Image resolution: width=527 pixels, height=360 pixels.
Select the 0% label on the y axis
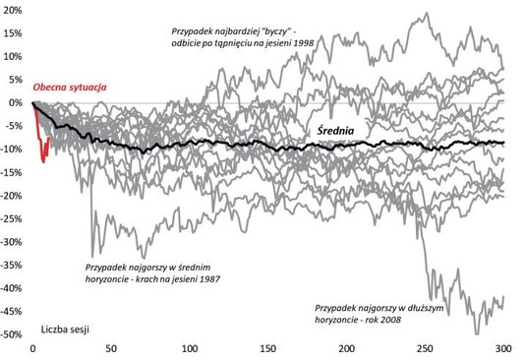click(x=16, y=103)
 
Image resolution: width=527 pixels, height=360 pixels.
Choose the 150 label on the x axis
click(x=268, y=349)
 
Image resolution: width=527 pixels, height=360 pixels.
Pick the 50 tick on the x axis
click(x=112, y=349)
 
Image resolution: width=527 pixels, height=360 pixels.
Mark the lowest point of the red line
click(x=43, y=161)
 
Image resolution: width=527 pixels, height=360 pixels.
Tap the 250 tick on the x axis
click(x=425, y=349)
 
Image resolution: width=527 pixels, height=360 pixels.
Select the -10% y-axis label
click(x=13, y=150)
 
